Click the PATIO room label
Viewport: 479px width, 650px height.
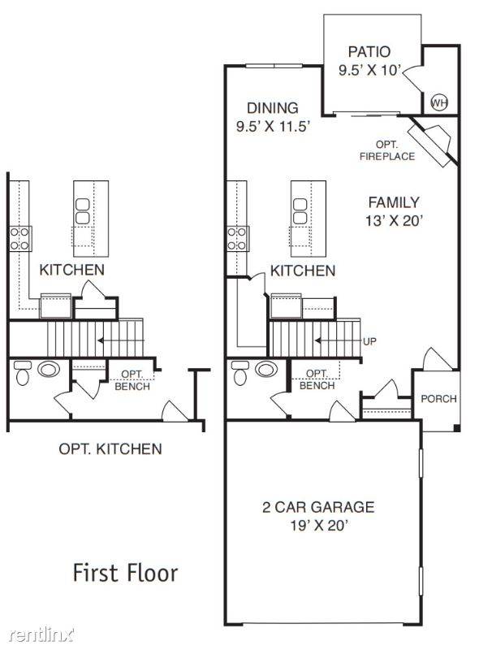(x=369, y=51)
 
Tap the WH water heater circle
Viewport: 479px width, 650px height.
(x=438, y=102)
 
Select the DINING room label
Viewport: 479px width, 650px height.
(x=273, y=107)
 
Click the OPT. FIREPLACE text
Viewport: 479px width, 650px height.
(x=387, y=149)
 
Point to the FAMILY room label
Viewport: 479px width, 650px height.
(x=394, y=202)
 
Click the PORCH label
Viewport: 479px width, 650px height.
(x=438, y=399)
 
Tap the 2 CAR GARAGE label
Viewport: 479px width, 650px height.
(x=317, y=507)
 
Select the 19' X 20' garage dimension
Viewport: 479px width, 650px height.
(x=317, y=526)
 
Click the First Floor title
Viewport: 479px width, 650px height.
(x=126, y=573)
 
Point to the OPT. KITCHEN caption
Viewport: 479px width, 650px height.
(x=110, y=448)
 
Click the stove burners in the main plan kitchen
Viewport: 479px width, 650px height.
(x=238, y=237)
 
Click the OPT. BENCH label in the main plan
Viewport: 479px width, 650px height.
(x=317, y=379)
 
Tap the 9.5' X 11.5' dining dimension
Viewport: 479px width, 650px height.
(x=273, y=126)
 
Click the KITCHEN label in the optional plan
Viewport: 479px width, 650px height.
(x=71, y=269)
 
